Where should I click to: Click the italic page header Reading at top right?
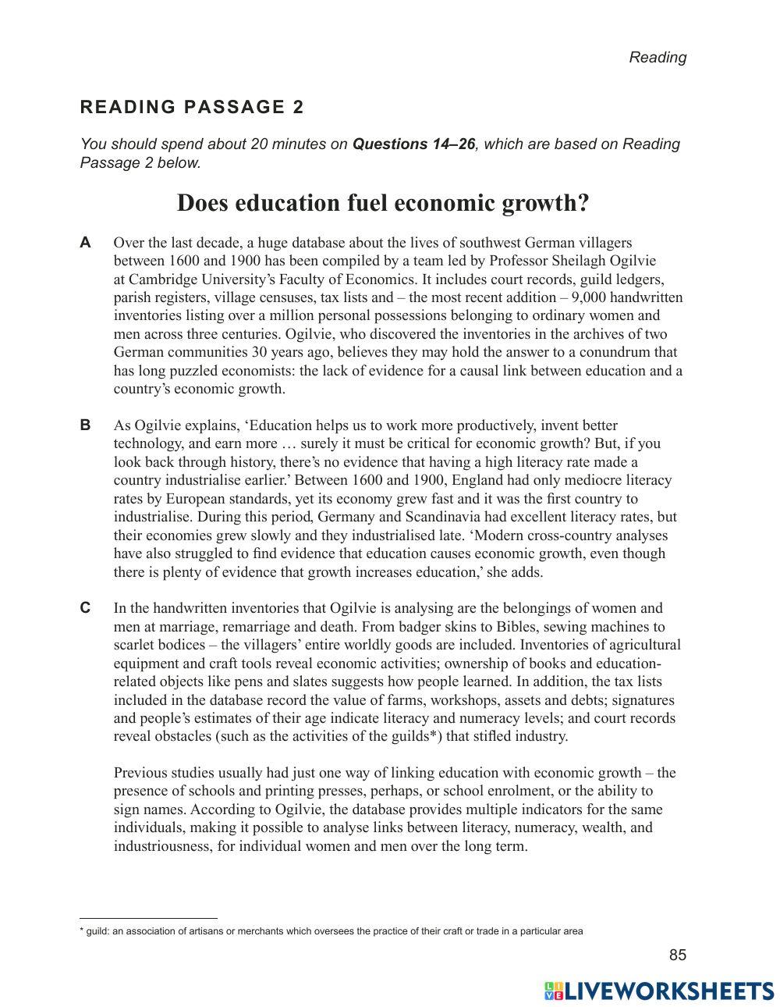tap(658, 57)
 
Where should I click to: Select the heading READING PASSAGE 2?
tap(192, 107)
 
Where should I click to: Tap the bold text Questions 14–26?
tap(413, 144)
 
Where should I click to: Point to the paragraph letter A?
tap(86, 243)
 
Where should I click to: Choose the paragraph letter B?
tap(86, 425)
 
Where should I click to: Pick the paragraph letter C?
tap(86, 608)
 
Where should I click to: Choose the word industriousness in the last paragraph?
tap(161, 846)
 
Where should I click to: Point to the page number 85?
tap(677, 955)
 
